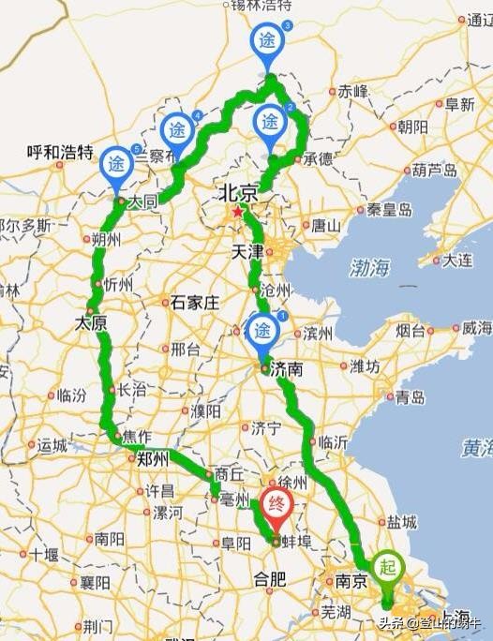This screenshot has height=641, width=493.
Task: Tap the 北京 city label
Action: click(236, 193)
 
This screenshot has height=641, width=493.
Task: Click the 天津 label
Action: click(246, 252)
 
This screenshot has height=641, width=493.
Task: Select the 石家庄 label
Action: click(195, 302)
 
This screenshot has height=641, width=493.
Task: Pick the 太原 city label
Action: click(91, 323)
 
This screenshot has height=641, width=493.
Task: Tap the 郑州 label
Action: click(152, 458)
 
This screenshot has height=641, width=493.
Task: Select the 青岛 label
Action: click(411, 397)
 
